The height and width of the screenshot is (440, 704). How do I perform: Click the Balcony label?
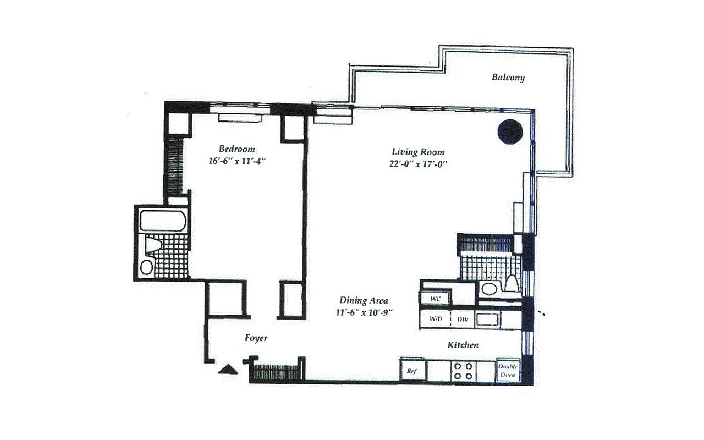click(x=508, y=78)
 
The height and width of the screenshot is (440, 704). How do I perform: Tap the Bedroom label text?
click(x=237, y=148)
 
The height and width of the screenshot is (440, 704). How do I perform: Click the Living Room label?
click(x=418, y=152)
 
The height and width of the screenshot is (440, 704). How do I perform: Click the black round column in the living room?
click(x=510, y=131)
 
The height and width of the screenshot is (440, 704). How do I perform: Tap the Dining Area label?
click(x=364, y=300)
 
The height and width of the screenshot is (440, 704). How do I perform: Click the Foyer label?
click(x=256, y=338)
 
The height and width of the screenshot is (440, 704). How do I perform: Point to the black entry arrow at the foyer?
click(x=227, y=369)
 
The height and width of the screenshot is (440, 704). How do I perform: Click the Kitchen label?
click(x=462, y=345)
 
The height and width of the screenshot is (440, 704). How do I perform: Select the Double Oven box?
click(x=507, y=371)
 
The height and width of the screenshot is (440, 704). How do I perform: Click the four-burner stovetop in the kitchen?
click(x=461, y=371)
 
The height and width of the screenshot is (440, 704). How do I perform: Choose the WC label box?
click(x=435, y=299)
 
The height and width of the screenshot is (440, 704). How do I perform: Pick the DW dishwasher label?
click(x=462, y=319)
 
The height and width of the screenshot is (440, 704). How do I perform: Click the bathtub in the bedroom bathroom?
click(x=163, y=221)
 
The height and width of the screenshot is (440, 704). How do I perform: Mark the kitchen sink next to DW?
click(x=487, y=319)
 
